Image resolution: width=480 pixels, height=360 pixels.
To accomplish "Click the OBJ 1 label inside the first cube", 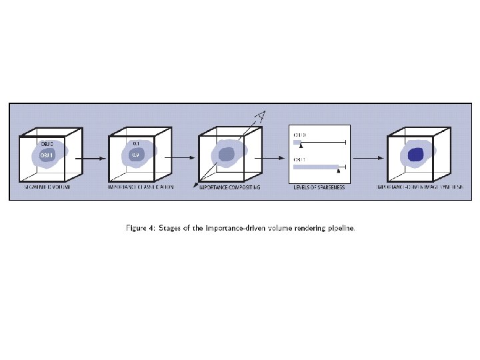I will tap(46, 155).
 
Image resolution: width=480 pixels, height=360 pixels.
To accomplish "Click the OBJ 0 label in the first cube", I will tap(47, 144).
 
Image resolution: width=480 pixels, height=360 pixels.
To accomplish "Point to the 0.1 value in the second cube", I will tap(135, 143).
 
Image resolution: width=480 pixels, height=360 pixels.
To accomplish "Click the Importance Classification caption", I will tap(141, 188).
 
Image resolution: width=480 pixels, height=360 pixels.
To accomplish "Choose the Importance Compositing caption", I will tap(230, 188).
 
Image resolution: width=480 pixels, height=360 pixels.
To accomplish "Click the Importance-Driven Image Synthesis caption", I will tap(419, 188).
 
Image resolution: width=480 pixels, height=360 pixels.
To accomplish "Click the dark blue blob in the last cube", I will tap(416, 155).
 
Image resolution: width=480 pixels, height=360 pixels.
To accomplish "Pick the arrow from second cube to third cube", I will tap(178, 159).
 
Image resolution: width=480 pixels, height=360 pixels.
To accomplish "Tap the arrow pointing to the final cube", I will tap(367, 159).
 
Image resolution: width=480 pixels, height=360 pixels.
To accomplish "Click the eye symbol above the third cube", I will tap(261, 115).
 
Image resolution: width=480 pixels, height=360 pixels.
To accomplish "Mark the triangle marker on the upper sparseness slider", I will tap(301, 145).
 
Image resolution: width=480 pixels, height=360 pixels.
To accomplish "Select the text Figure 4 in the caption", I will tap(142, 228).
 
